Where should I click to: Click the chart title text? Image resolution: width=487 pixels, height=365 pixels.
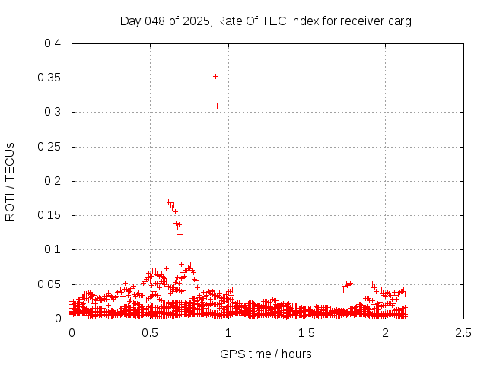266,21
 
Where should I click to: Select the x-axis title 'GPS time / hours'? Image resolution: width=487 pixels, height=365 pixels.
266,354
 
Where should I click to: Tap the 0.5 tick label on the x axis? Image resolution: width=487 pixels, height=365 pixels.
150,333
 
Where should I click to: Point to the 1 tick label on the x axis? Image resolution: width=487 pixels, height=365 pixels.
228,333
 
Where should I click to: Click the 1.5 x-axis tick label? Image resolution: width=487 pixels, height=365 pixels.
307,333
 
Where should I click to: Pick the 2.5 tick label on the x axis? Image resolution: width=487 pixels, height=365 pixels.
463,333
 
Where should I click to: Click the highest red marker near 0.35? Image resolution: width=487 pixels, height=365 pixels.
215,76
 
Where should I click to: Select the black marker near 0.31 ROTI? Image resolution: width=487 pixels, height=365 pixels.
217,106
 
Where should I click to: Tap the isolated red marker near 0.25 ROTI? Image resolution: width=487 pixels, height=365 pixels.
218,144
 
